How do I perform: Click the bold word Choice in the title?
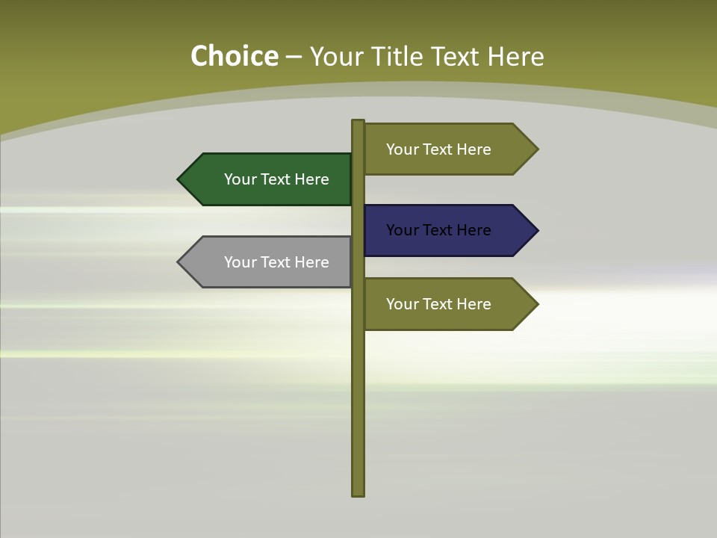coord(234,57)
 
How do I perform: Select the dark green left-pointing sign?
coord(269,179)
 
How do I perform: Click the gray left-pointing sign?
coord(269,262)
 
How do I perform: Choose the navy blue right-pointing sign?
coord(444,230)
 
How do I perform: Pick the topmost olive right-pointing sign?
coord(444,149)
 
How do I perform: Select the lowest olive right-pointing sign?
coord(444,304)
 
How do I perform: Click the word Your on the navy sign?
coord(402,230)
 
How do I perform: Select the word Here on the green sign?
coord(311,179)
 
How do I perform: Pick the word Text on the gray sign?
coord(276,262)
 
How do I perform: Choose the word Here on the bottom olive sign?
coord(473,304)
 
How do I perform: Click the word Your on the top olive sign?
coord(402,149)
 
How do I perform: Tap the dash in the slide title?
coord(294,58)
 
